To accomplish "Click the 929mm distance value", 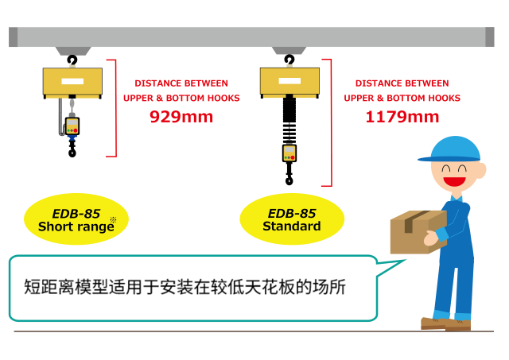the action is coord(181,117).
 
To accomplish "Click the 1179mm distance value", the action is coord(402,117).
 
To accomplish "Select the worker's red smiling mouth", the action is coord(454,181).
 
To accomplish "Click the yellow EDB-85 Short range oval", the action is coord(76,219).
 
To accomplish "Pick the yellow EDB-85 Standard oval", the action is coord(292,219).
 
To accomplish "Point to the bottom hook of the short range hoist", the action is coord(72,150).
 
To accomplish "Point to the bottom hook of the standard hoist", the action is coord(289,178).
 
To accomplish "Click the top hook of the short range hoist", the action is coord(72,60).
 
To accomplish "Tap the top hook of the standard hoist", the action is coord(289,60).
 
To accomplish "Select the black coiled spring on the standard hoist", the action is coord(289,121).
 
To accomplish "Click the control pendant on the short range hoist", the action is coord(72,126).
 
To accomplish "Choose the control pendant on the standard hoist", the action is coord(289,153).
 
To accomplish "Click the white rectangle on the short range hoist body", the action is coord(72,81).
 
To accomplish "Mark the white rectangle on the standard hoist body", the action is coord(289,81).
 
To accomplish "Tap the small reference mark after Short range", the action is coord(113,220).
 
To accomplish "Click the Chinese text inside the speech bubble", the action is coord(185,287).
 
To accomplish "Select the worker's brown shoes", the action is coord(445,323).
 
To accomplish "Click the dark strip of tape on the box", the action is coord(415,220).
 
